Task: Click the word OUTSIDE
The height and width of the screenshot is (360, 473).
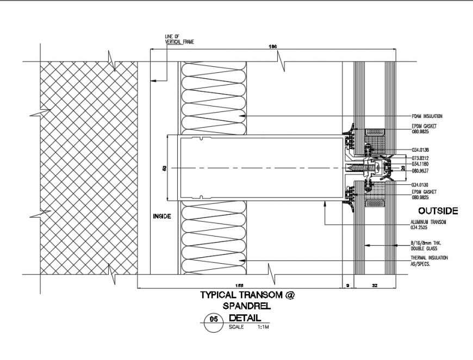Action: pos(438,211)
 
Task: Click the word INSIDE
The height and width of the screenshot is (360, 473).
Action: pos(162,216)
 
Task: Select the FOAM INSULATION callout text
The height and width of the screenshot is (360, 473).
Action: pos(427,116)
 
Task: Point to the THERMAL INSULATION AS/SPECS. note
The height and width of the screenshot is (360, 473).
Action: pos(430,260)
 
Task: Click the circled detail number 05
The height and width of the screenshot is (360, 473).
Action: pos(213,321)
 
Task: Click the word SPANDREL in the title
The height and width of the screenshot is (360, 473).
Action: pos(247,306)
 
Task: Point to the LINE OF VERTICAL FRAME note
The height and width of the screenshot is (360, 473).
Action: pos(179,39)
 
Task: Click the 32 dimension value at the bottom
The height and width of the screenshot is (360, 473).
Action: pos(375,284)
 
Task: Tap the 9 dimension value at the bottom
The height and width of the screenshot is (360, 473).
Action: pos(347,284)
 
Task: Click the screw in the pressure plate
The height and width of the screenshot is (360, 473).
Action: pos(359,168)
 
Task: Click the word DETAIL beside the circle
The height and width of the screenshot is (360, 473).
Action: pos(245,318)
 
